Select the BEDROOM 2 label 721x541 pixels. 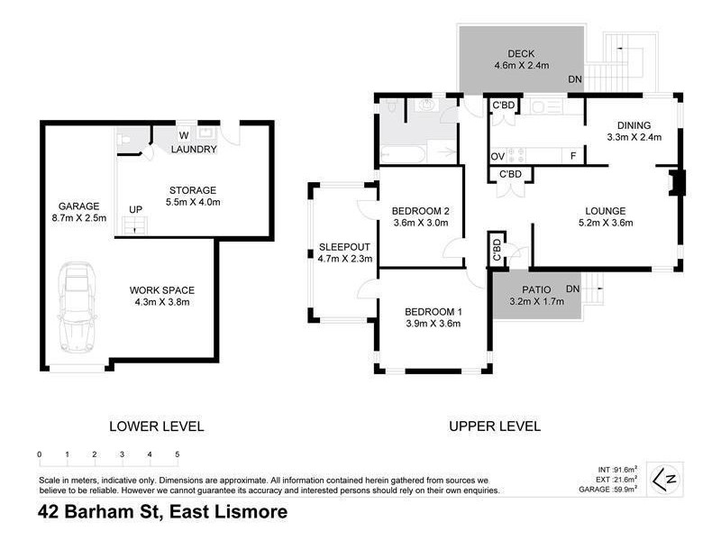420,212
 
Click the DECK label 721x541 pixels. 521,53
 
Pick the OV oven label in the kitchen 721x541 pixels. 497,156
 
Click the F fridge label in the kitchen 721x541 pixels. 573,156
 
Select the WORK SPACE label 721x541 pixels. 162,289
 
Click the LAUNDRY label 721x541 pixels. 194,149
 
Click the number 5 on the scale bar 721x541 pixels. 177,454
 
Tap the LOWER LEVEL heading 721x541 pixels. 156,426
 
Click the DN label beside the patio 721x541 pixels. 571,289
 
